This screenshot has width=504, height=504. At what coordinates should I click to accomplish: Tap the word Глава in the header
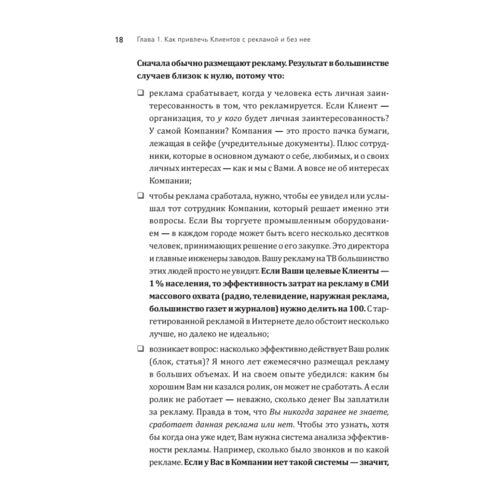click(x=146, y=40)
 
